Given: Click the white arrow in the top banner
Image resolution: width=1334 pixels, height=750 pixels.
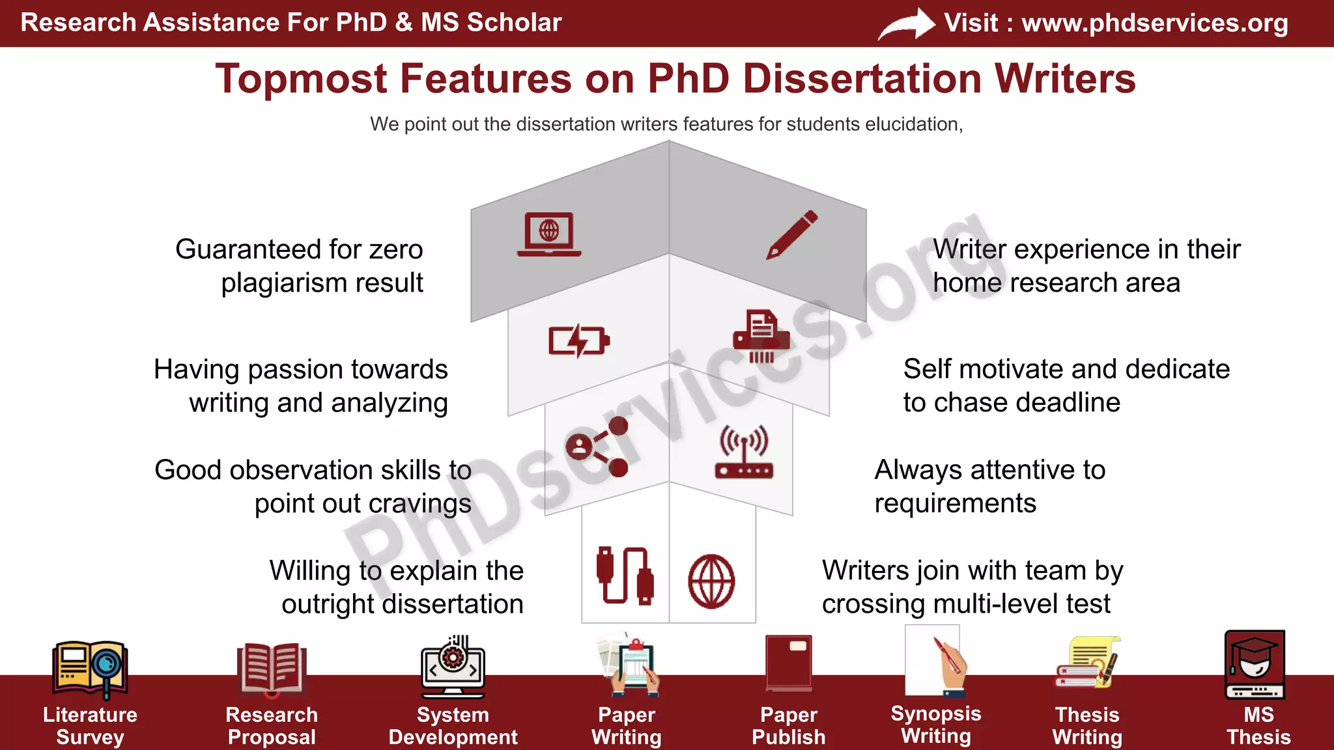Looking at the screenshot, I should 907,25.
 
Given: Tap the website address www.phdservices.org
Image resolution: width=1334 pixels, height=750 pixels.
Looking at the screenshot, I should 1154,23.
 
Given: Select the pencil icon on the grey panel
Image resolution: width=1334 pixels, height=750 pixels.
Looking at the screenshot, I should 792,234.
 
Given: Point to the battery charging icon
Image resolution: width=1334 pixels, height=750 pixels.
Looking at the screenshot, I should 578,340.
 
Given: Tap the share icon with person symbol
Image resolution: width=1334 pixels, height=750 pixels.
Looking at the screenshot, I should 597,447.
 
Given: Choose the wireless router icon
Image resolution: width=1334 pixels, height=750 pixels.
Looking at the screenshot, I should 744,452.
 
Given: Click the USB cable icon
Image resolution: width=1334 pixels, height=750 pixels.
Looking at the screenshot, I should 625,576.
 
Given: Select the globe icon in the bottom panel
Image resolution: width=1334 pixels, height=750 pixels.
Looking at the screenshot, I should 711,581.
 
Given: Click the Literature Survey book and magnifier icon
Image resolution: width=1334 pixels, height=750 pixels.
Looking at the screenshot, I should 90,668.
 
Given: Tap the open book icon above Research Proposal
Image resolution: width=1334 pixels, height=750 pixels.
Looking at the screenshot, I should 271,668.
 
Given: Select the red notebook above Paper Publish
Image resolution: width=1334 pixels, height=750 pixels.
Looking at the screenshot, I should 789,663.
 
